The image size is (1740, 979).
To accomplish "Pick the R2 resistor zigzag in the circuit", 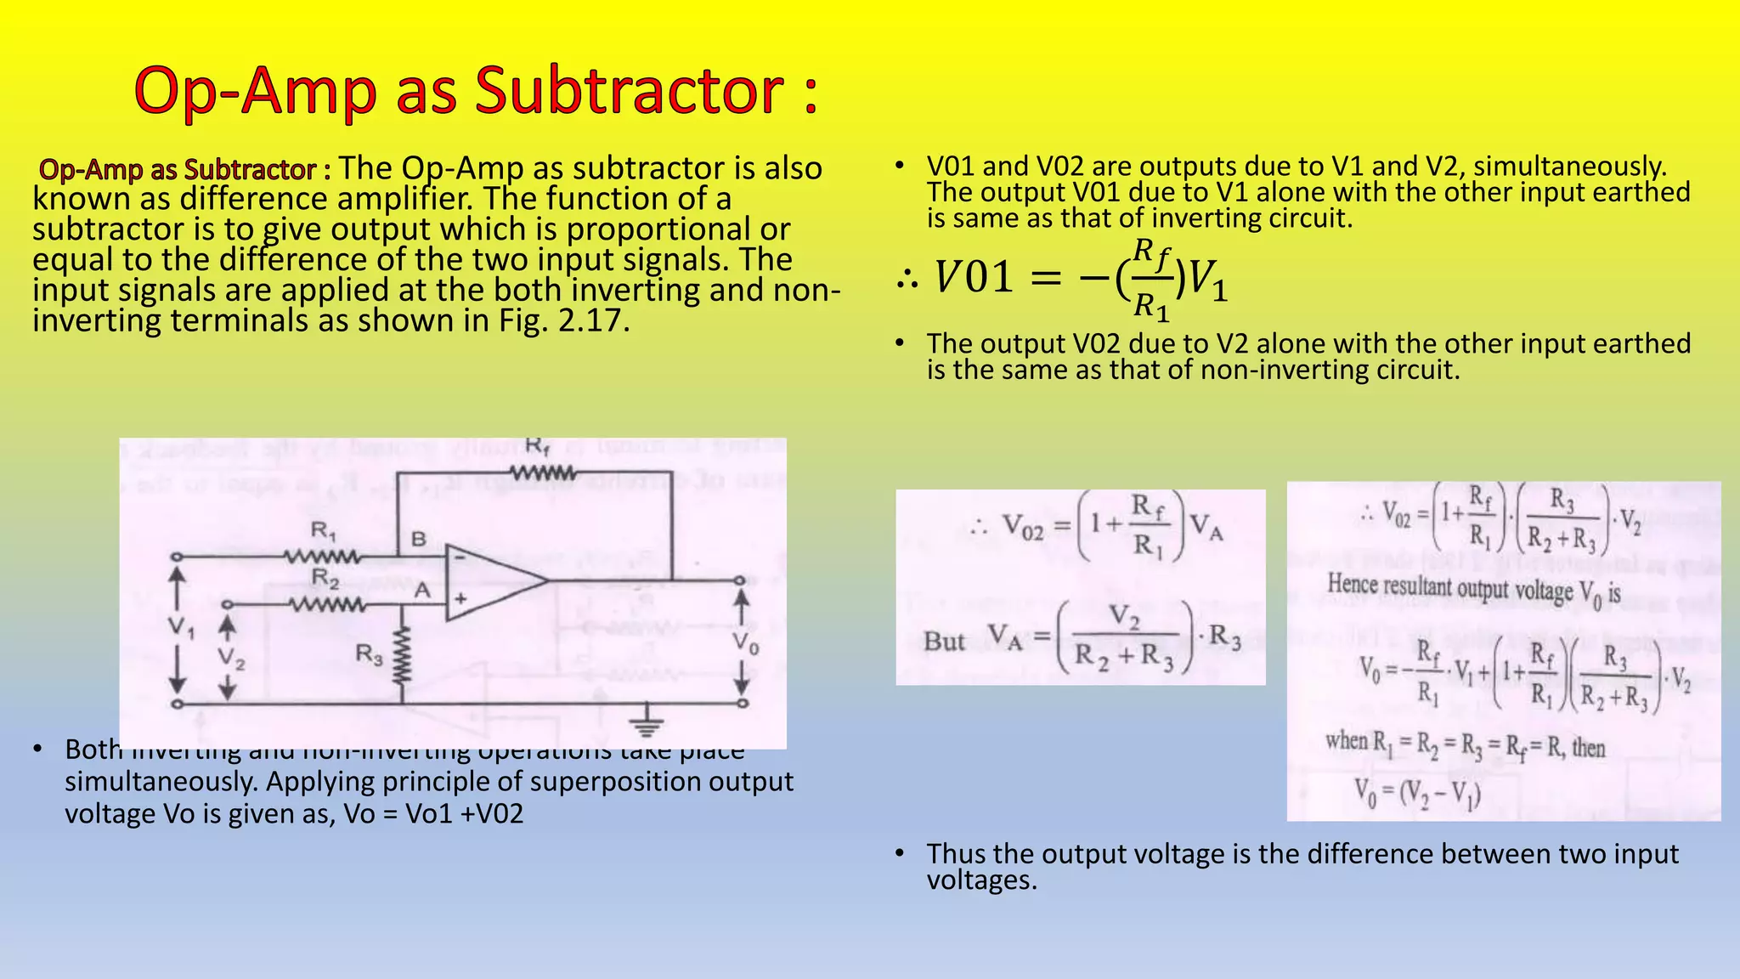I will click(327, 605).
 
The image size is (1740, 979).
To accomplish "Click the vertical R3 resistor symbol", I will click(402, 654).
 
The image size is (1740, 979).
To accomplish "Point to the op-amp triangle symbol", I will click(493, 580).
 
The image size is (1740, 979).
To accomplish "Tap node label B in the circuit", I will click(419, 539).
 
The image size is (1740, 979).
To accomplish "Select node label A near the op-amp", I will click(422, 590).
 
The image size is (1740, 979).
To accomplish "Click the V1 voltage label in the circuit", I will click(180, 629).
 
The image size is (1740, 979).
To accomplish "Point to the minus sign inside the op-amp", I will click(459, 557).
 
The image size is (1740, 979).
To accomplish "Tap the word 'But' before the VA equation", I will click(944, 641).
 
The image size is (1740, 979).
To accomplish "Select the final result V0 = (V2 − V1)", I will click(1417, 794).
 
